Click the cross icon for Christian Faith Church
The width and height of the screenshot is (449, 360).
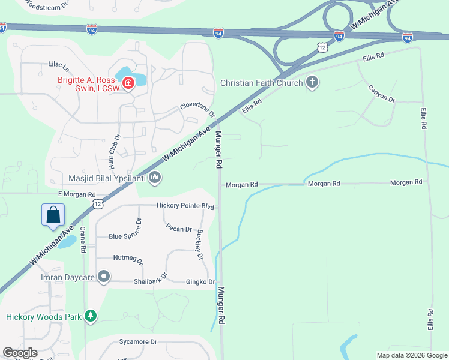click(x=312, y=82)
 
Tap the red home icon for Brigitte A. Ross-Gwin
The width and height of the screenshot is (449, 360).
click(x=128, y=83)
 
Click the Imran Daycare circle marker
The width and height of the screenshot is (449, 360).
click(x=104, y=277)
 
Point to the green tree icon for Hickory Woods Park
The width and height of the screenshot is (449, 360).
click(x=91, y=316)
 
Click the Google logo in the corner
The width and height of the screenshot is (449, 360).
click(x=20, y=353)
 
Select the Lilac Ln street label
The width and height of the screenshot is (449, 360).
click(x=59, y=64)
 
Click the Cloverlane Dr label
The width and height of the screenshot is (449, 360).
click(x=197, y=110)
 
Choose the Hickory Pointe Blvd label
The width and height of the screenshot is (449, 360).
click(x=185, y=206)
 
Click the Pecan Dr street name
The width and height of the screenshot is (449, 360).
click(x=179, y=229)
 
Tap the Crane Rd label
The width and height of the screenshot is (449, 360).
click(x=83, y=241)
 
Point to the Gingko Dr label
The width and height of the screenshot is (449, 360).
click(x=200, y=282)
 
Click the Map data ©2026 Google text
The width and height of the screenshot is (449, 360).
click(x=411, y=355)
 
